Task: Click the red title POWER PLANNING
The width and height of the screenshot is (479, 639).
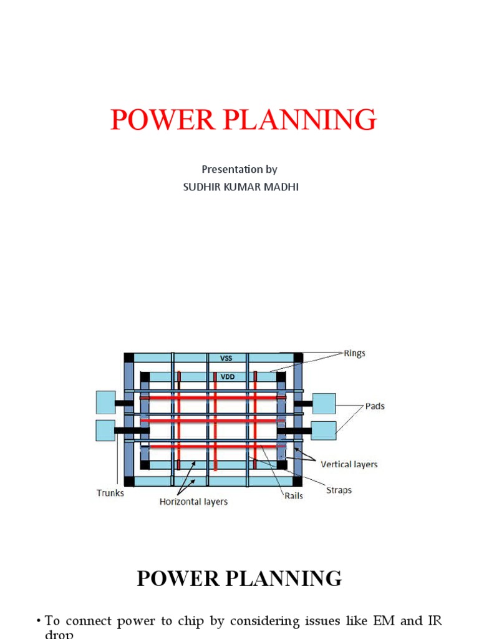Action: [243, 120]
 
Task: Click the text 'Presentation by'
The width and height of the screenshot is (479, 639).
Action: [239, 169]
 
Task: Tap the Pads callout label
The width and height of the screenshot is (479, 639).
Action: [375, 406]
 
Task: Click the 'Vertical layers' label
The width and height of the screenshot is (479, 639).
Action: [349, 464]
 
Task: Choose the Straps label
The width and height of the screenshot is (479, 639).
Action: [339, 490]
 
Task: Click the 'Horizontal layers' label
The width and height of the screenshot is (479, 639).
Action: [193, 502]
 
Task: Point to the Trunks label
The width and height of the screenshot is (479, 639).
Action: [110, 493]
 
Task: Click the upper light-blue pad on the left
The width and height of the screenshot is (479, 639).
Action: [105, 402]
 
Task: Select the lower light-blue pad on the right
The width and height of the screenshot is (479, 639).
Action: [324, 431]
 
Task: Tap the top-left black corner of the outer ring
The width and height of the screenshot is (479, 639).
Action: [129, 358]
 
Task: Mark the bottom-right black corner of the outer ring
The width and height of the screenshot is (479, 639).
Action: [298, 481]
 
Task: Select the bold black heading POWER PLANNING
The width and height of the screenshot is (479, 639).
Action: [239, 578]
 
